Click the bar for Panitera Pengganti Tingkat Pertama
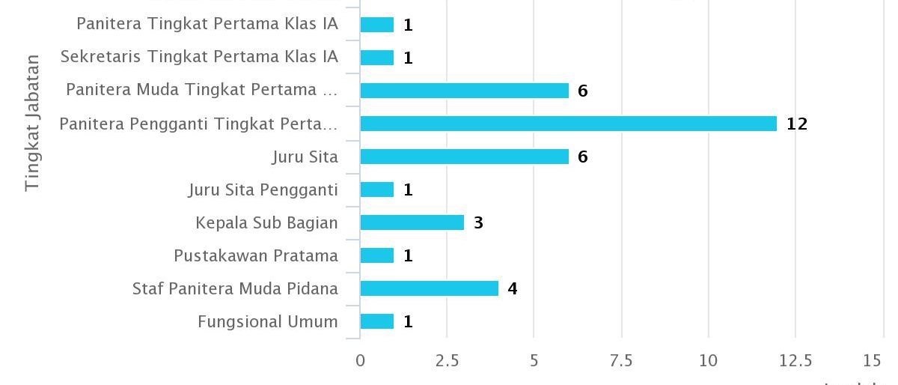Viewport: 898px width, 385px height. [x=569, y=124]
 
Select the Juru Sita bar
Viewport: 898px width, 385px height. [x=464, y=157]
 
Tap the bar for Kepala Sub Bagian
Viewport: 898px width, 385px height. [x=412, y=222]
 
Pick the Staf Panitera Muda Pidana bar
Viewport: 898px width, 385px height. [x=430, y=288]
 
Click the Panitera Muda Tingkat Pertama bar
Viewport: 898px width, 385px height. [x=464, y=91]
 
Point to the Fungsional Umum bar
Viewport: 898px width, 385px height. [x=377, y=321]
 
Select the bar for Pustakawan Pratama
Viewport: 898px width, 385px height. [x=377, y=255]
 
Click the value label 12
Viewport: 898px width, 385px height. [x=797, y=124]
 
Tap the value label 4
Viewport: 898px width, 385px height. [x=513, y=288]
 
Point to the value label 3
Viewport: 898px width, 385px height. [x=478, y=222]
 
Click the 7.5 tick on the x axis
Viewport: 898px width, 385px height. [x=621, y=361]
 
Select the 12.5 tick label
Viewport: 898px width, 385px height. [x=795, y=361]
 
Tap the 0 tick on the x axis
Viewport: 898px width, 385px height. [x=361, y=361]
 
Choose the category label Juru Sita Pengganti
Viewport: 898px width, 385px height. [x=263, y=190]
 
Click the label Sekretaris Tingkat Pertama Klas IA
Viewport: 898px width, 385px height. [x=199, y=57]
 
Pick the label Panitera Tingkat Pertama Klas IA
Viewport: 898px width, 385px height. [x=207, y=24]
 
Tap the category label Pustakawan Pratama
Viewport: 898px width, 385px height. [x=256, y=255]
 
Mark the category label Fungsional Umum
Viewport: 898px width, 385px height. [x=268, y=321]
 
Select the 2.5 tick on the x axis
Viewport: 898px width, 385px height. [x=447, y=361]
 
